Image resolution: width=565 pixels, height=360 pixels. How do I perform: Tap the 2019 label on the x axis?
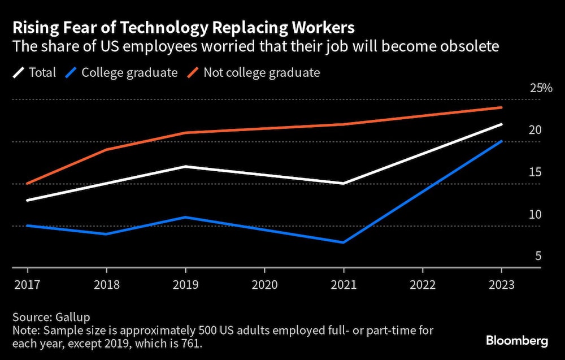pos(186,284)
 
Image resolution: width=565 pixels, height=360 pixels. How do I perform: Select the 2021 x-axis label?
pos(344,284)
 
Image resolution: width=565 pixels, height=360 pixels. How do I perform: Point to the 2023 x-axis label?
pos(502,284)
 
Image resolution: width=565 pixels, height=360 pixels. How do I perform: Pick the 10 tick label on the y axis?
pos(535,215)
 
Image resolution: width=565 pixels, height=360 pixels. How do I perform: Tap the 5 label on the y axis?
pos(538,257)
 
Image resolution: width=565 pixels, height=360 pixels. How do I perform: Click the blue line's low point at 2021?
pos(344,242)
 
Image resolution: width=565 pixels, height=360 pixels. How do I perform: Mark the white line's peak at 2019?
pos(186,166)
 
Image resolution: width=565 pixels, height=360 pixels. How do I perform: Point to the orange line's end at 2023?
pos(502,107)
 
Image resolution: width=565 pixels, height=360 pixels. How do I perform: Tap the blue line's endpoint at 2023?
pos(502,141)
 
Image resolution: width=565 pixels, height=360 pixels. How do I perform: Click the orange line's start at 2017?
pos(27,183)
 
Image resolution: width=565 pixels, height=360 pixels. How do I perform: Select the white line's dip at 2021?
pos(344,183)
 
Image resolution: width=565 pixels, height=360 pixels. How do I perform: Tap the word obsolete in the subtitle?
pos(470,46)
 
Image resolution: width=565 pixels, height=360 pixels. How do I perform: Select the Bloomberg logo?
pos(517,341)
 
